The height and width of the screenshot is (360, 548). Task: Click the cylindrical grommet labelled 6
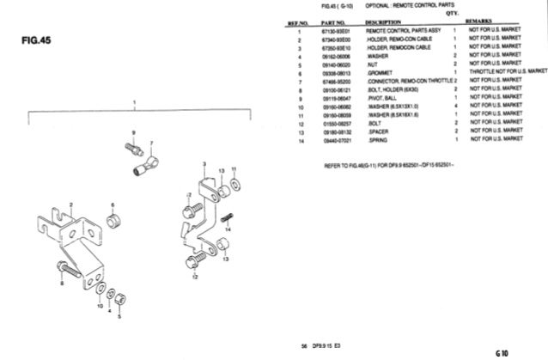pos(112,225)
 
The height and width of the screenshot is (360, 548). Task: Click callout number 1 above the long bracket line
pos(134,101)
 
